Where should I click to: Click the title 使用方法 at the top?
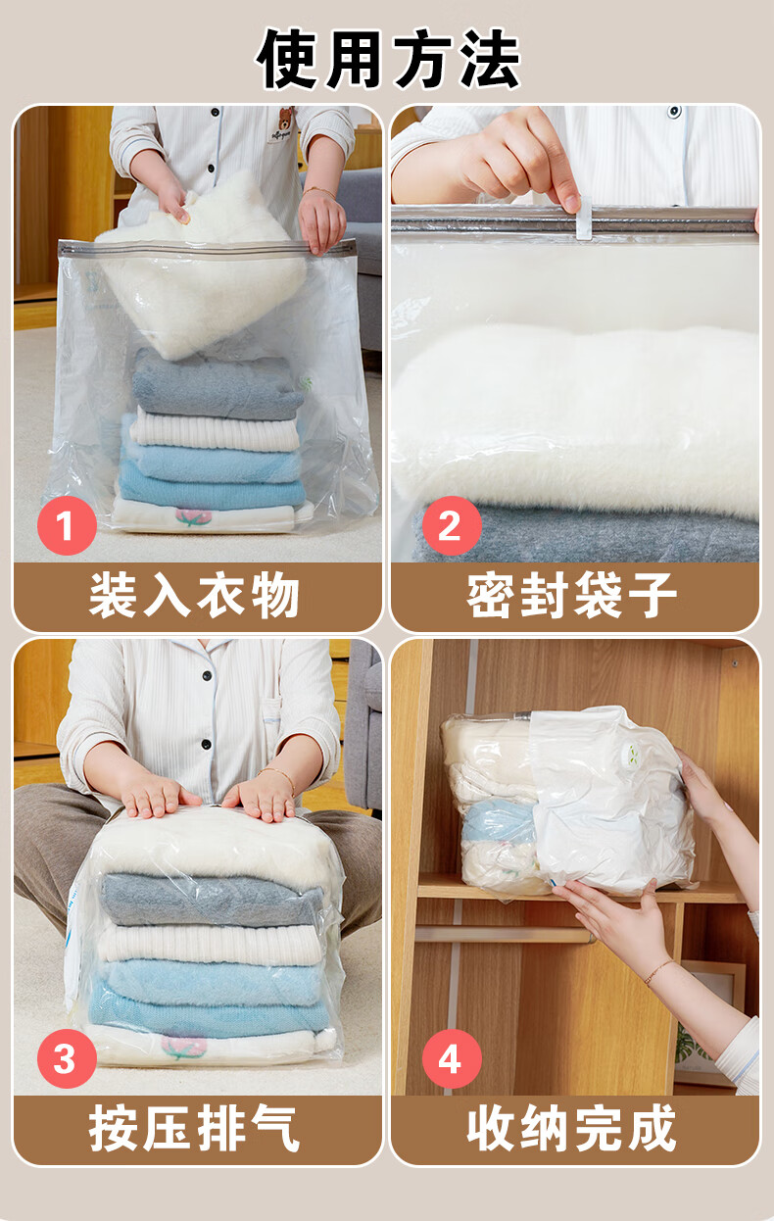point(388,59)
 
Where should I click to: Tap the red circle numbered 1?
point(67,525)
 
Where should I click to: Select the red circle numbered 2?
point(452,525)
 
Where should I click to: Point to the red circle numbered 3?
point(67,1058)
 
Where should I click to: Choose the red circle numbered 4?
point(452,1058)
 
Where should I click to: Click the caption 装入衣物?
point(195,595)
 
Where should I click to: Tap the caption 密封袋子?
point(572,595)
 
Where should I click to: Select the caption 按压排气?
point(195,1128)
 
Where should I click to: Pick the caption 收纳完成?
point(572,1128)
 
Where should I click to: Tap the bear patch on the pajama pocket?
point(283,126)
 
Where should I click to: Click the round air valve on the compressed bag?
point(632,754)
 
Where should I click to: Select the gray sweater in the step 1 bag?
point(216,385)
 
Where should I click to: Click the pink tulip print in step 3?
point(184,1049)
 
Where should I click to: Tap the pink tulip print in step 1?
point(192,516)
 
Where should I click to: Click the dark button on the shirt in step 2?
point(675,111)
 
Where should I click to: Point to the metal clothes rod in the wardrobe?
point(505,936)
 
